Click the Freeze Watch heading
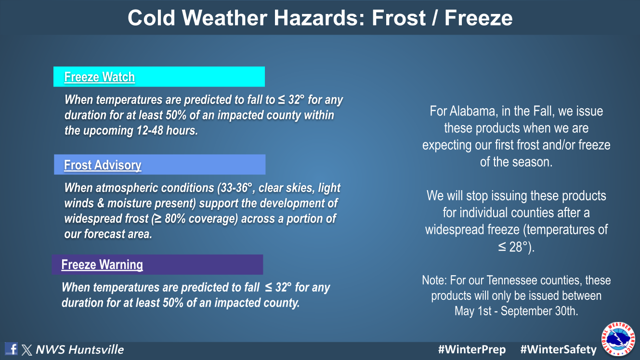[99, 77]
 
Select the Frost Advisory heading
[103, 165]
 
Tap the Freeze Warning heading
[102, 265]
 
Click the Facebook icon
[11, 348]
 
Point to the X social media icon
[27, 350]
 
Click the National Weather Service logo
[618, 339]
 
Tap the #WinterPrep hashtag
[472, 349]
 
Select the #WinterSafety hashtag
[559, 349]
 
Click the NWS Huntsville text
[80, 349]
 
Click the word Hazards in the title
[319, 18]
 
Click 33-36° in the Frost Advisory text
[235, 188]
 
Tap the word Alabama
[472, 111]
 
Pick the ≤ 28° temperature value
[513, 247]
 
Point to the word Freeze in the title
[478, 18]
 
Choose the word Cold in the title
[151, 18]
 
